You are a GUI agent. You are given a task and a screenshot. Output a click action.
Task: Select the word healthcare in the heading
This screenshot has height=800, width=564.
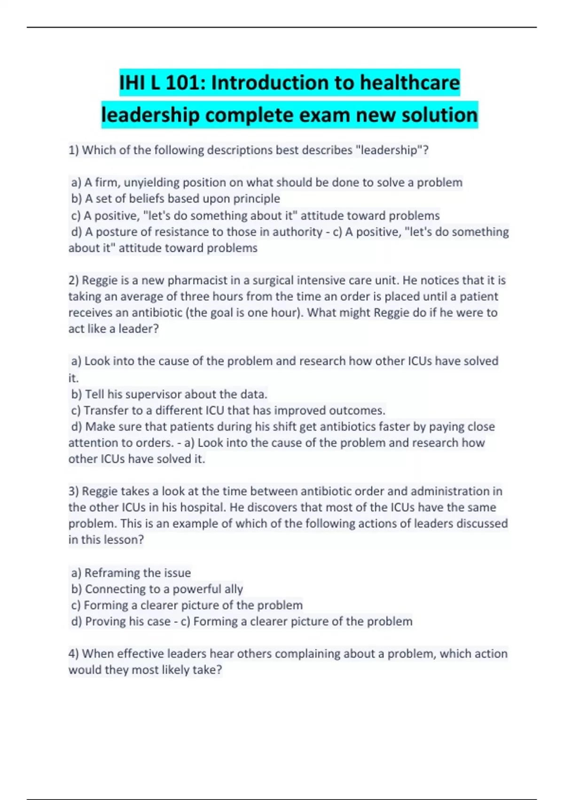coord(410,83)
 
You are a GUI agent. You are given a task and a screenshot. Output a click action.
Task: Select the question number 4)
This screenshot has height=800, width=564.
coord(74,654)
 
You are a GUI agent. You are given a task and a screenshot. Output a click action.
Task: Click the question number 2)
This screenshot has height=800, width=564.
coord(74,280)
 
